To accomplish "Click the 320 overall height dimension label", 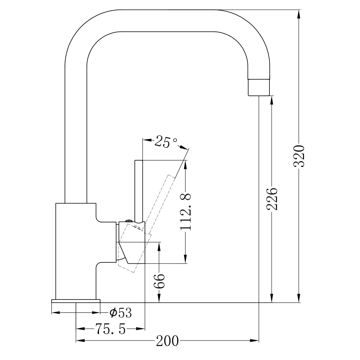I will coord(299,156).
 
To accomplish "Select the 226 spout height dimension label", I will coord(272,199).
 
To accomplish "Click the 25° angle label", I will coord(166,142).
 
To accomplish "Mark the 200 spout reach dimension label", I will coord(167,341).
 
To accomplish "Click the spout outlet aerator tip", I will coord(258,88).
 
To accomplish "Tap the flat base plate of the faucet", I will coord(76,301).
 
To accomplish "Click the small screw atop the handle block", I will coord(129,221).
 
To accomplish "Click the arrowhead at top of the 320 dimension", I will coord(299,13).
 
